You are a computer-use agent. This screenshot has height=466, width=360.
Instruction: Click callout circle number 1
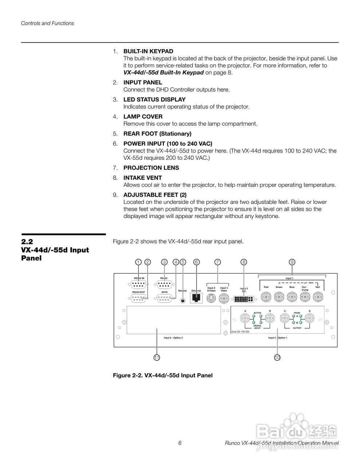click(x=138, y=262)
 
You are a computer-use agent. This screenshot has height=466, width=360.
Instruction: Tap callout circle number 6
click(x=197, y=262)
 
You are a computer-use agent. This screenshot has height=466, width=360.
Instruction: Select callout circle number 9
click(x=292, y=262)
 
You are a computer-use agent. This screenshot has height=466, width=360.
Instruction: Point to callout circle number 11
click(x=157, y=358)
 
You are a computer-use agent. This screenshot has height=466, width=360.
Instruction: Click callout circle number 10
click(x=277, y=358)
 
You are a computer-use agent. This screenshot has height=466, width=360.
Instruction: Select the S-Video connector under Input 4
click(x=211, y=299)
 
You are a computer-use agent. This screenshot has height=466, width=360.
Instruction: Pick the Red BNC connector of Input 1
click(x=266, y=298)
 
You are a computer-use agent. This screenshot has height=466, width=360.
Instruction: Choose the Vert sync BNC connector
click(x=318, y=298)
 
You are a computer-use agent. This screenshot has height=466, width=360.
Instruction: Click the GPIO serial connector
click(x=165, y=299)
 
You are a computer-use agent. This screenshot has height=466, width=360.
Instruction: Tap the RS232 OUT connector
click(x=138, y=299)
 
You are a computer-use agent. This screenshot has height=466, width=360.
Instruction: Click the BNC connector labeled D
click(x=310, y=320)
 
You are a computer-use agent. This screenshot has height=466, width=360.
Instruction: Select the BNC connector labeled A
click(x=245, y=320)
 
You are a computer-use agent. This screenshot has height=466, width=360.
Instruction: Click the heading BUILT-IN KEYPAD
click(x=148, y=51)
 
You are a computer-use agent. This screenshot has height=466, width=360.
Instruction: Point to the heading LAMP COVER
click(x=143, y=116)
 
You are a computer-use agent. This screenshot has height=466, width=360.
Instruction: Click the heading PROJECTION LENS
click(x=151, y=168)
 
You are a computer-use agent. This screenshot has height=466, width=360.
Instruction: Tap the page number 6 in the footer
click(x=180, y=443)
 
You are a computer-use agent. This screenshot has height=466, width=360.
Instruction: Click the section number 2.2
click(x=27, y=242)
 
